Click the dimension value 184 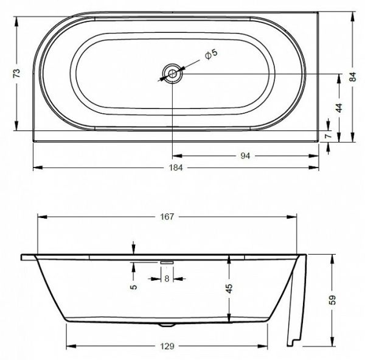pyautogui.click(x=176, y=168)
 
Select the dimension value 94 pyautogui.click(x=245, y=155)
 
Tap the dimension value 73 pyautogui.click(x=18, y=73)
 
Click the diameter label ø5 pyautogui.click(x=210, y=55)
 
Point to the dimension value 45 pyautogui.click(x=229, y=289)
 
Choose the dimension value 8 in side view pyautogui.click(x=167, y=279)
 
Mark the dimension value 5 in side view pyautogui.click(x=133, y=286)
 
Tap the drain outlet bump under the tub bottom pyautogui.click(x=166, y=325)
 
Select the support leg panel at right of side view pyautogui.click(x=297, y=305)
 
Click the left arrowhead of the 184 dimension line pyautogui.click(x=35, y=168)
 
